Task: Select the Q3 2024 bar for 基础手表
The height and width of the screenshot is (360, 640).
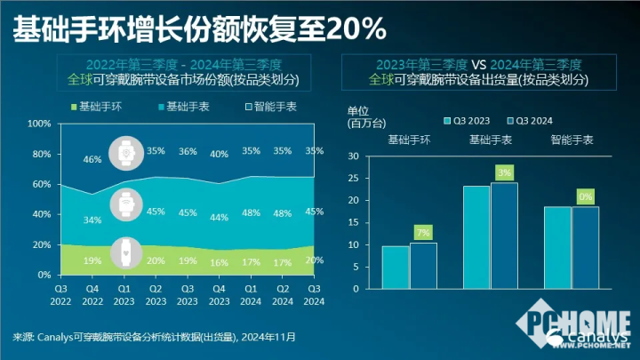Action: click(x=504, y=236)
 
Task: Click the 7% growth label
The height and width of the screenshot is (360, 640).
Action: click(x=423, y=233)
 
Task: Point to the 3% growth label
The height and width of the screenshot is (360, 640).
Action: click(x=504, y=172)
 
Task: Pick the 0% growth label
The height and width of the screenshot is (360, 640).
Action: click(x=585, y=197)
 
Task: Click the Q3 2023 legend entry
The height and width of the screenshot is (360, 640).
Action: click(x=467, y=120)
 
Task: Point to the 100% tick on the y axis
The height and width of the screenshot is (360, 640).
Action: click(x=39, y=124)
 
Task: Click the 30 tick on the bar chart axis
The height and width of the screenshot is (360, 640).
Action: click(x=354, y=156)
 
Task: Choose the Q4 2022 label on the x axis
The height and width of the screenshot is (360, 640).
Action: click(x=92, y=294)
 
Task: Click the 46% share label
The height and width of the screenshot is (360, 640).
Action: click(x=92, y=160)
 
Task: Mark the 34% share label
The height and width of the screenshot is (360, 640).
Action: click(x=92, y=220)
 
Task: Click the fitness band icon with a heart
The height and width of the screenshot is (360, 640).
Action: click(x=124, y=254)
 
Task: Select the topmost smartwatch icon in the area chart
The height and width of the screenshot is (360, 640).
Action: click(x=124, y=152)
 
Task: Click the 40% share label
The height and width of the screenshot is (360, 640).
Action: click(x=220, y=155)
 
